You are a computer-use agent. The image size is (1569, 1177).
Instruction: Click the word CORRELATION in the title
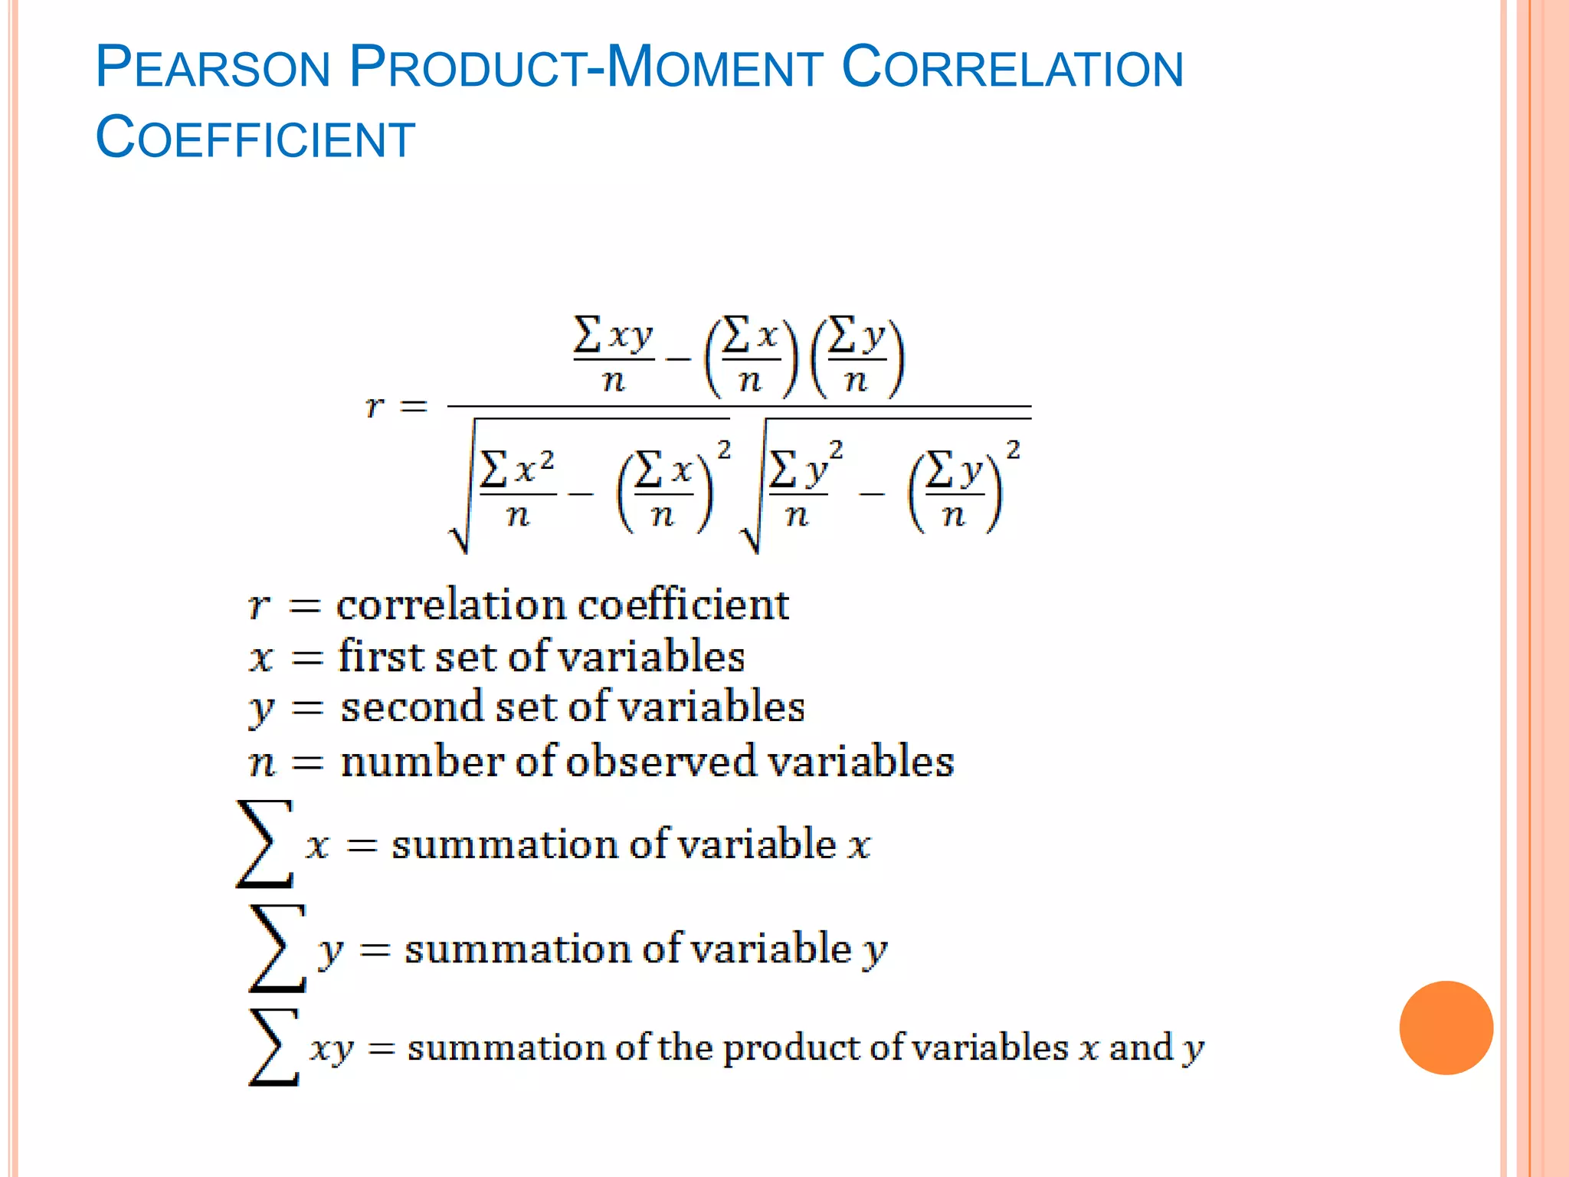coord(1012,67)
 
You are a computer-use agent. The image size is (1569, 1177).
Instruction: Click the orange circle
coord(1446,1028)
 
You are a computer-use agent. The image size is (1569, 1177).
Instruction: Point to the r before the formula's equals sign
coord(375,406)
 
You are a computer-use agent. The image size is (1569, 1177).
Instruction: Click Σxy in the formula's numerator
coord(613,335)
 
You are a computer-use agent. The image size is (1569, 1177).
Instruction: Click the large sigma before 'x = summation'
coord(265,844)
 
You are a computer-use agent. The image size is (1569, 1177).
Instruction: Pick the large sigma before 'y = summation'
coord(277,948)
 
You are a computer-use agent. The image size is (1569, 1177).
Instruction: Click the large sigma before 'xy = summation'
coord(274,1047)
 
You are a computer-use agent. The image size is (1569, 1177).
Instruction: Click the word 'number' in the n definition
coord(421,762)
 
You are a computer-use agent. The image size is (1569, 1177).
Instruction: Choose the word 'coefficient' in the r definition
coord(683,605)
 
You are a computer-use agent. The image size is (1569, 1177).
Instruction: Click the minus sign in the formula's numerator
coord(679,358)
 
